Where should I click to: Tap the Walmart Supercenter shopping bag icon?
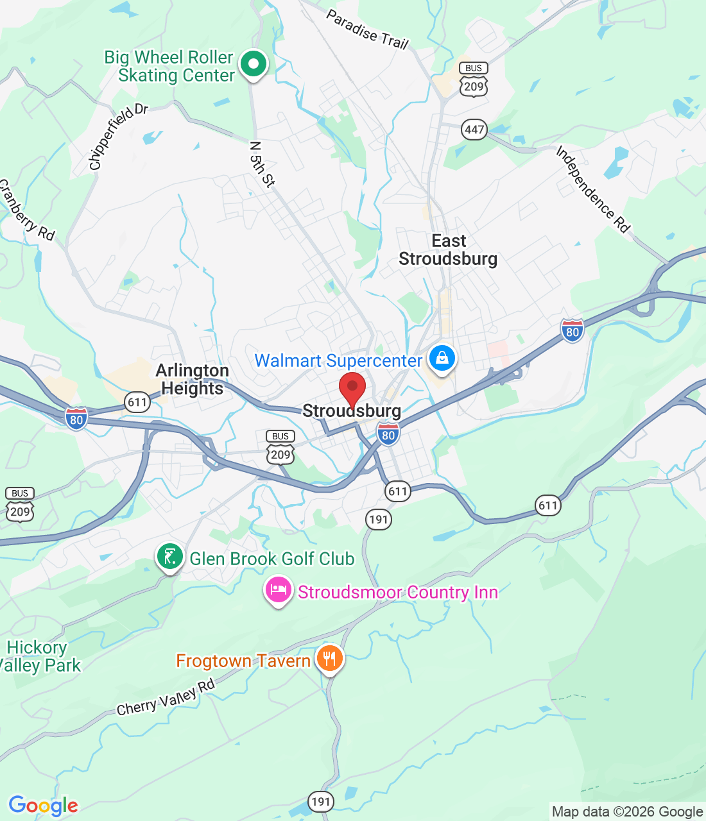[442, 359]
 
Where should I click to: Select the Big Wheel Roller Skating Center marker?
[254, 64]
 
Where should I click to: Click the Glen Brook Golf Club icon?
[169, 557]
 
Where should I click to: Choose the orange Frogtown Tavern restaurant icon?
[329, 659]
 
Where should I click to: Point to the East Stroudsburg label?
[448, 250]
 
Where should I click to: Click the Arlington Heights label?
[192, 380]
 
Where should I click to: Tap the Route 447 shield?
[474, 130]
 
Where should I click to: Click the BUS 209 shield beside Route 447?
[474, 80]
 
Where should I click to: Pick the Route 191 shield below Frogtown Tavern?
[320, 801]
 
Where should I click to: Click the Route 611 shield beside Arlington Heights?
[137, 403]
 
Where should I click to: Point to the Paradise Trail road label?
[367, 30]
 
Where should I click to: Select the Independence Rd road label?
[593, 189]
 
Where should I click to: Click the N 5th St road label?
[262, 164]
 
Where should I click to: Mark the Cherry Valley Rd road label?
[166, 698]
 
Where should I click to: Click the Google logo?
[44, 806]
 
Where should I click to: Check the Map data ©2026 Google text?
[627, 812]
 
